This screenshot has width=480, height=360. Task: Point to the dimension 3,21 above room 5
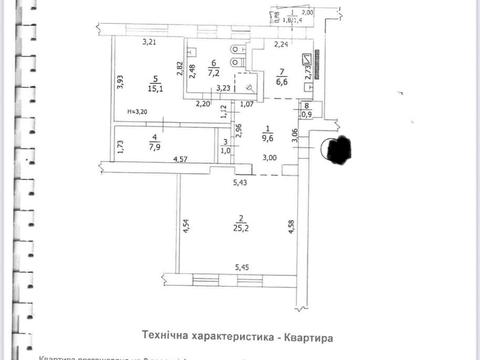coord(150,43)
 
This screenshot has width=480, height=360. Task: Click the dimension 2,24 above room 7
coord(281,45)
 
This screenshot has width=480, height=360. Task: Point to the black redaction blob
coord(335,152)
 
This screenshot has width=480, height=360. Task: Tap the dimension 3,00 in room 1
coord(270,159)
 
